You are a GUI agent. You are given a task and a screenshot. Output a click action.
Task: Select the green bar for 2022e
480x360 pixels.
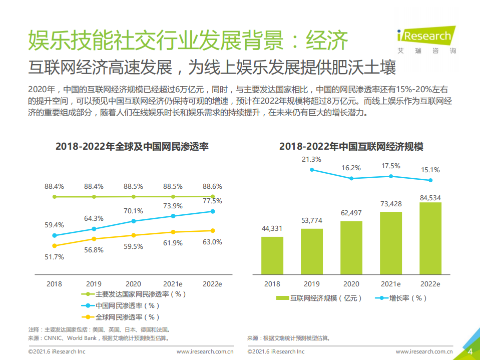click(x=430, y=238)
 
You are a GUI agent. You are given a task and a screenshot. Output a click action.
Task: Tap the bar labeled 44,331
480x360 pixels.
click(x=272, y=255)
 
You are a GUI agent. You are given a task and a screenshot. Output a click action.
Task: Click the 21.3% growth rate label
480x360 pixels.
click(x=311, y=159)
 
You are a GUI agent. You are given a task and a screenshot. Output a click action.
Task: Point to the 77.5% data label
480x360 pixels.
click(x=212, y=201)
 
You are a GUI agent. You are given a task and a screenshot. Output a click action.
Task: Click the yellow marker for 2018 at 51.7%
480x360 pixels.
click(x=54, y=245)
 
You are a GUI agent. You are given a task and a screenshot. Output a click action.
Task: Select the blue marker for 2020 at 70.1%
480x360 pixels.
click(x=134, y=221)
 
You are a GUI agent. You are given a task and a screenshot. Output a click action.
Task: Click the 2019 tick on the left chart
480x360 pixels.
click(x=94, y=283)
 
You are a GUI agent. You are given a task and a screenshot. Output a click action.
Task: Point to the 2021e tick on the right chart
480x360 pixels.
click(x=390, y=284)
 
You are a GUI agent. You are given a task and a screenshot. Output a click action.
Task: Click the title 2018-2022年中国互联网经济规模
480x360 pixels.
click(x=351, y=147)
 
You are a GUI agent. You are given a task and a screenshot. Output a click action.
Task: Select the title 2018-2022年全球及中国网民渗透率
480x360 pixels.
click(x=132, y=147)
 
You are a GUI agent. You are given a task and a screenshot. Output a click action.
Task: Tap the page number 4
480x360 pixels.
click(x=470, y=351)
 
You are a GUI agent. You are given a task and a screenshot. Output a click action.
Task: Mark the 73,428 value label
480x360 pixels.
click(x=390, y=204)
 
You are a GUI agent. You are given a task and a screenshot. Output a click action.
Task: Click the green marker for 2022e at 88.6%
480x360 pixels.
click(x=213, y=196)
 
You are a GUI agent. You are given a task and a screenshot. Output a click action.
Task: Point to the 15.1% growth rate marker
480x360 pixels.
click(x=430, y=180)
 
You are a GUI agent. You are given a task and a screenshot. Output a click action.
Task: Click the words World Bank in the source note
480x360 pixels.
click(x=83, y=338)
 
